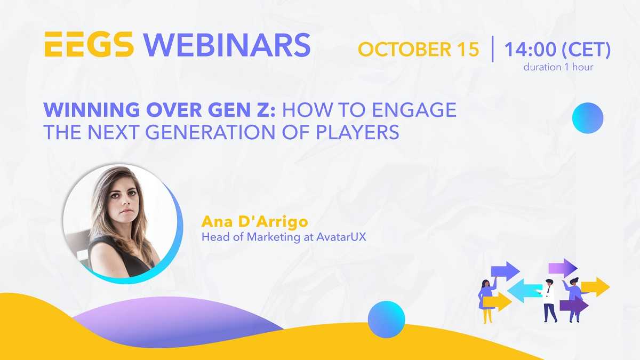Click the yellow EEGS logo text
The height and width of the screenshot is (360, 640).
(89, 44)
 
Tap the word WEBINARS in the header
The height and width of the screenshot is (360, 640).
(227, 45)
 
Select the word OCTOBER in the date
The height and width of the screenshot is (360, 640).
(405, 49)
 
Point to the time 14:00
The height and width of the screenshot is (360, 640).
(530, 49)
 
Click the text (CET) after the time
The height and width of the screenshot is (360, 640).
(586, 50)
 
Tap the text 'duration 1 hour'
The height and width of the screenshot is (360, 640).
(558, 67)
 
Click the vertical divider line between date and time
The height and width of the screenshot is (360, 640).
(493, 49)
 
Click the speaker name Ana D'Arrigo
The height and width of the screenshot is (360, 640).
(254, 222)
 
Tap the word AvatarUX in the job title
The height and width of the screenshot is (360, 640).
(341, 237)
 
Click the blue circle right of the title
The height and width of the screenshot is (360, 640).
(588, 118)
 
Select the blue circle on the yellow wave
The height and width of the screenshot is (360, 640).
(386, 319)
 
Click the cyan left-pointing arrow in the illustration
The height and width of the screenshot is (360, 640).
(525, 291)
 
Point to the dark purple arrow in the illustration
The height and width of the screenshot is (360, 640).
(573, 306)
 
